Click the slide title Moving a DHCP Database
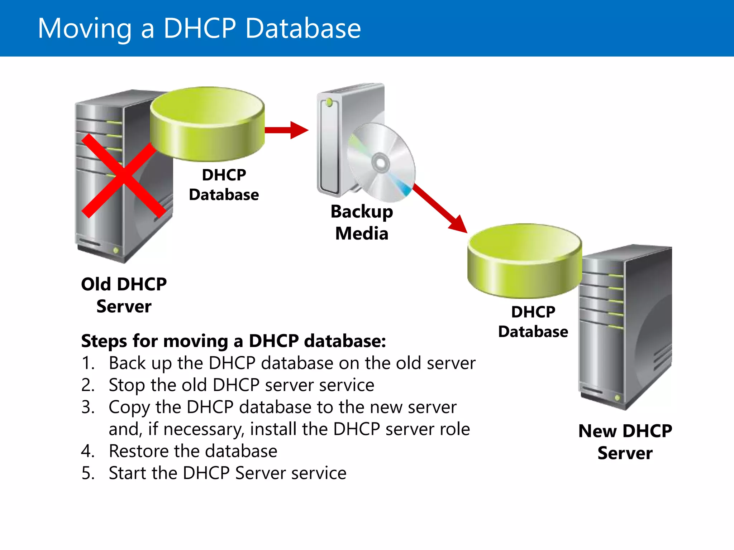199,29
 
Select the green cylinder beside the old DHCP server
207,124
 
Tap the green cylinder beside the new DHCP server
524,261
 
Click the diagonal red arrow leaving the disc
439,208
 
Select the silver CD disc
381,163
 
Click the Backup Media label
362,222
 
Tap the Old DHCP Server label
124,295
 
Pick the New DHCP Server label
625,442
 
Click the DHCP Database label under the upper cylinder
224,185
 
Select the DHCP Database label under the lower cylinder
533,322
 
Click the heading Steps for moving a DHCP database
233,341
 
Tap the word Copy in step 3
129,407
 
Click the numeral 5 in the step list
87,473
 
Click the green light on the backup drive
329,103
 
